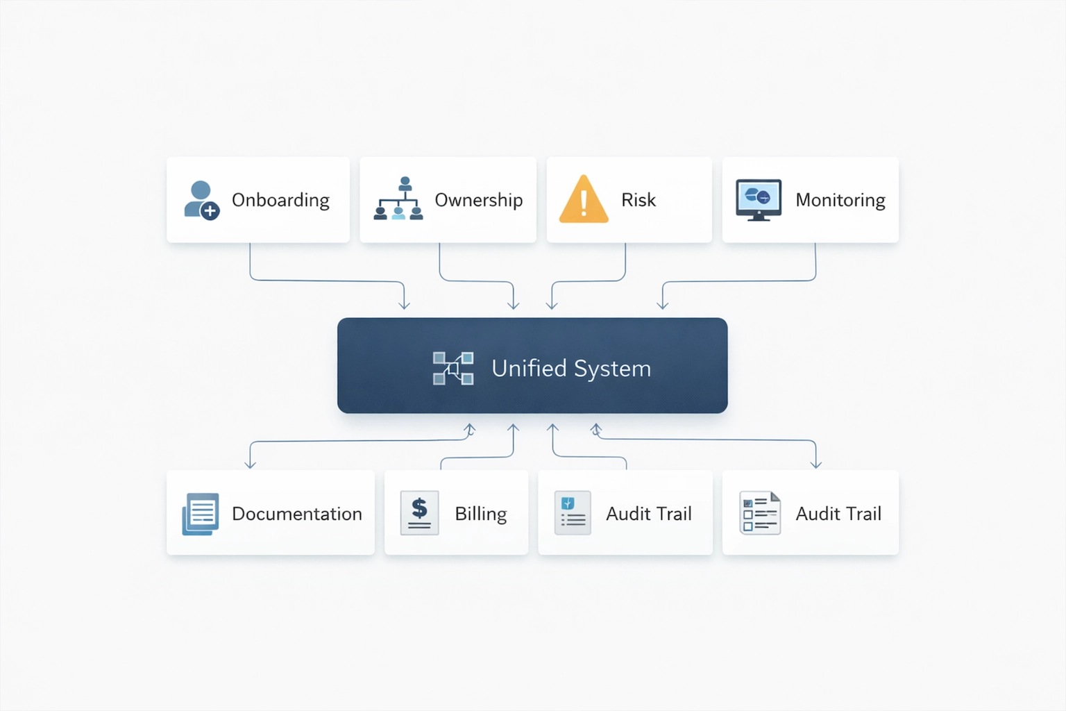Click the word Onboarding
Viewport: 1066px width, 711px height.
coord(280,200)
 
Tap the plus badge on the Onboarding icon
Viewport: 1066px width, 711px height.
coord(210,211)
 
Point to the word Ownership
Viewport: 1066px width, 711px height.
coord(478,200)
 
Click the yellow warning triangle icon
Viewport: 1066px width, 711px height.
coord(584,199)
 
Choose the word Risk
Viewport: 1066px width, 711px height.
coord(638,200)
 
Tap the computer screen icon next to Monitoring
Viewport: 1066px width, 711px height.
coord(759,199)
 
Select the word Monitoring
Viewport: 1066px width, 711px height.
coord(840,200)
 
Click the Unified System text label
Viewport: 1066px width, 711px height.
coord(571,368)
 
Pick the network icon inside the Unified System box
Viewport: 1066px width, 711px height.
coord(453,368)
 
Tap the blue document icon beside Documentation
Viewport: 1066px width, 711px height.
coord(201,514)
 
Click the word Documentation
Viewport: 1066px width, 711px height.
coord(296,514)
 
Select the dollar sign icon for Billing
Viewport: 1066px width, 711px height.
coord(420,512)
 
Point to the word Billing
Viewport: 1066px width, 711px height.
coord(480,514)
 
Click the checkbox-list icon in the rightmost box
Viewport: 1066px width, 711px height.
coord(760,513)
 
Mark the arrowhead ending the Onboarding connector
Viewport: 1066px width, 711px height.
coord(405,305)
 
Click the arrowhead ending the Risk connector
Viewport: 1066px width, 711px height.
coord(552,305)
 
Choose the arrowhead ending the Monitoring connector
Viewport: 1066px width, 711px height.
coord(663,305)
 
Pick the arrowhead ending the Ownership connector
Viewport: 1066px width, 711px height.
coord(514,305)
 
